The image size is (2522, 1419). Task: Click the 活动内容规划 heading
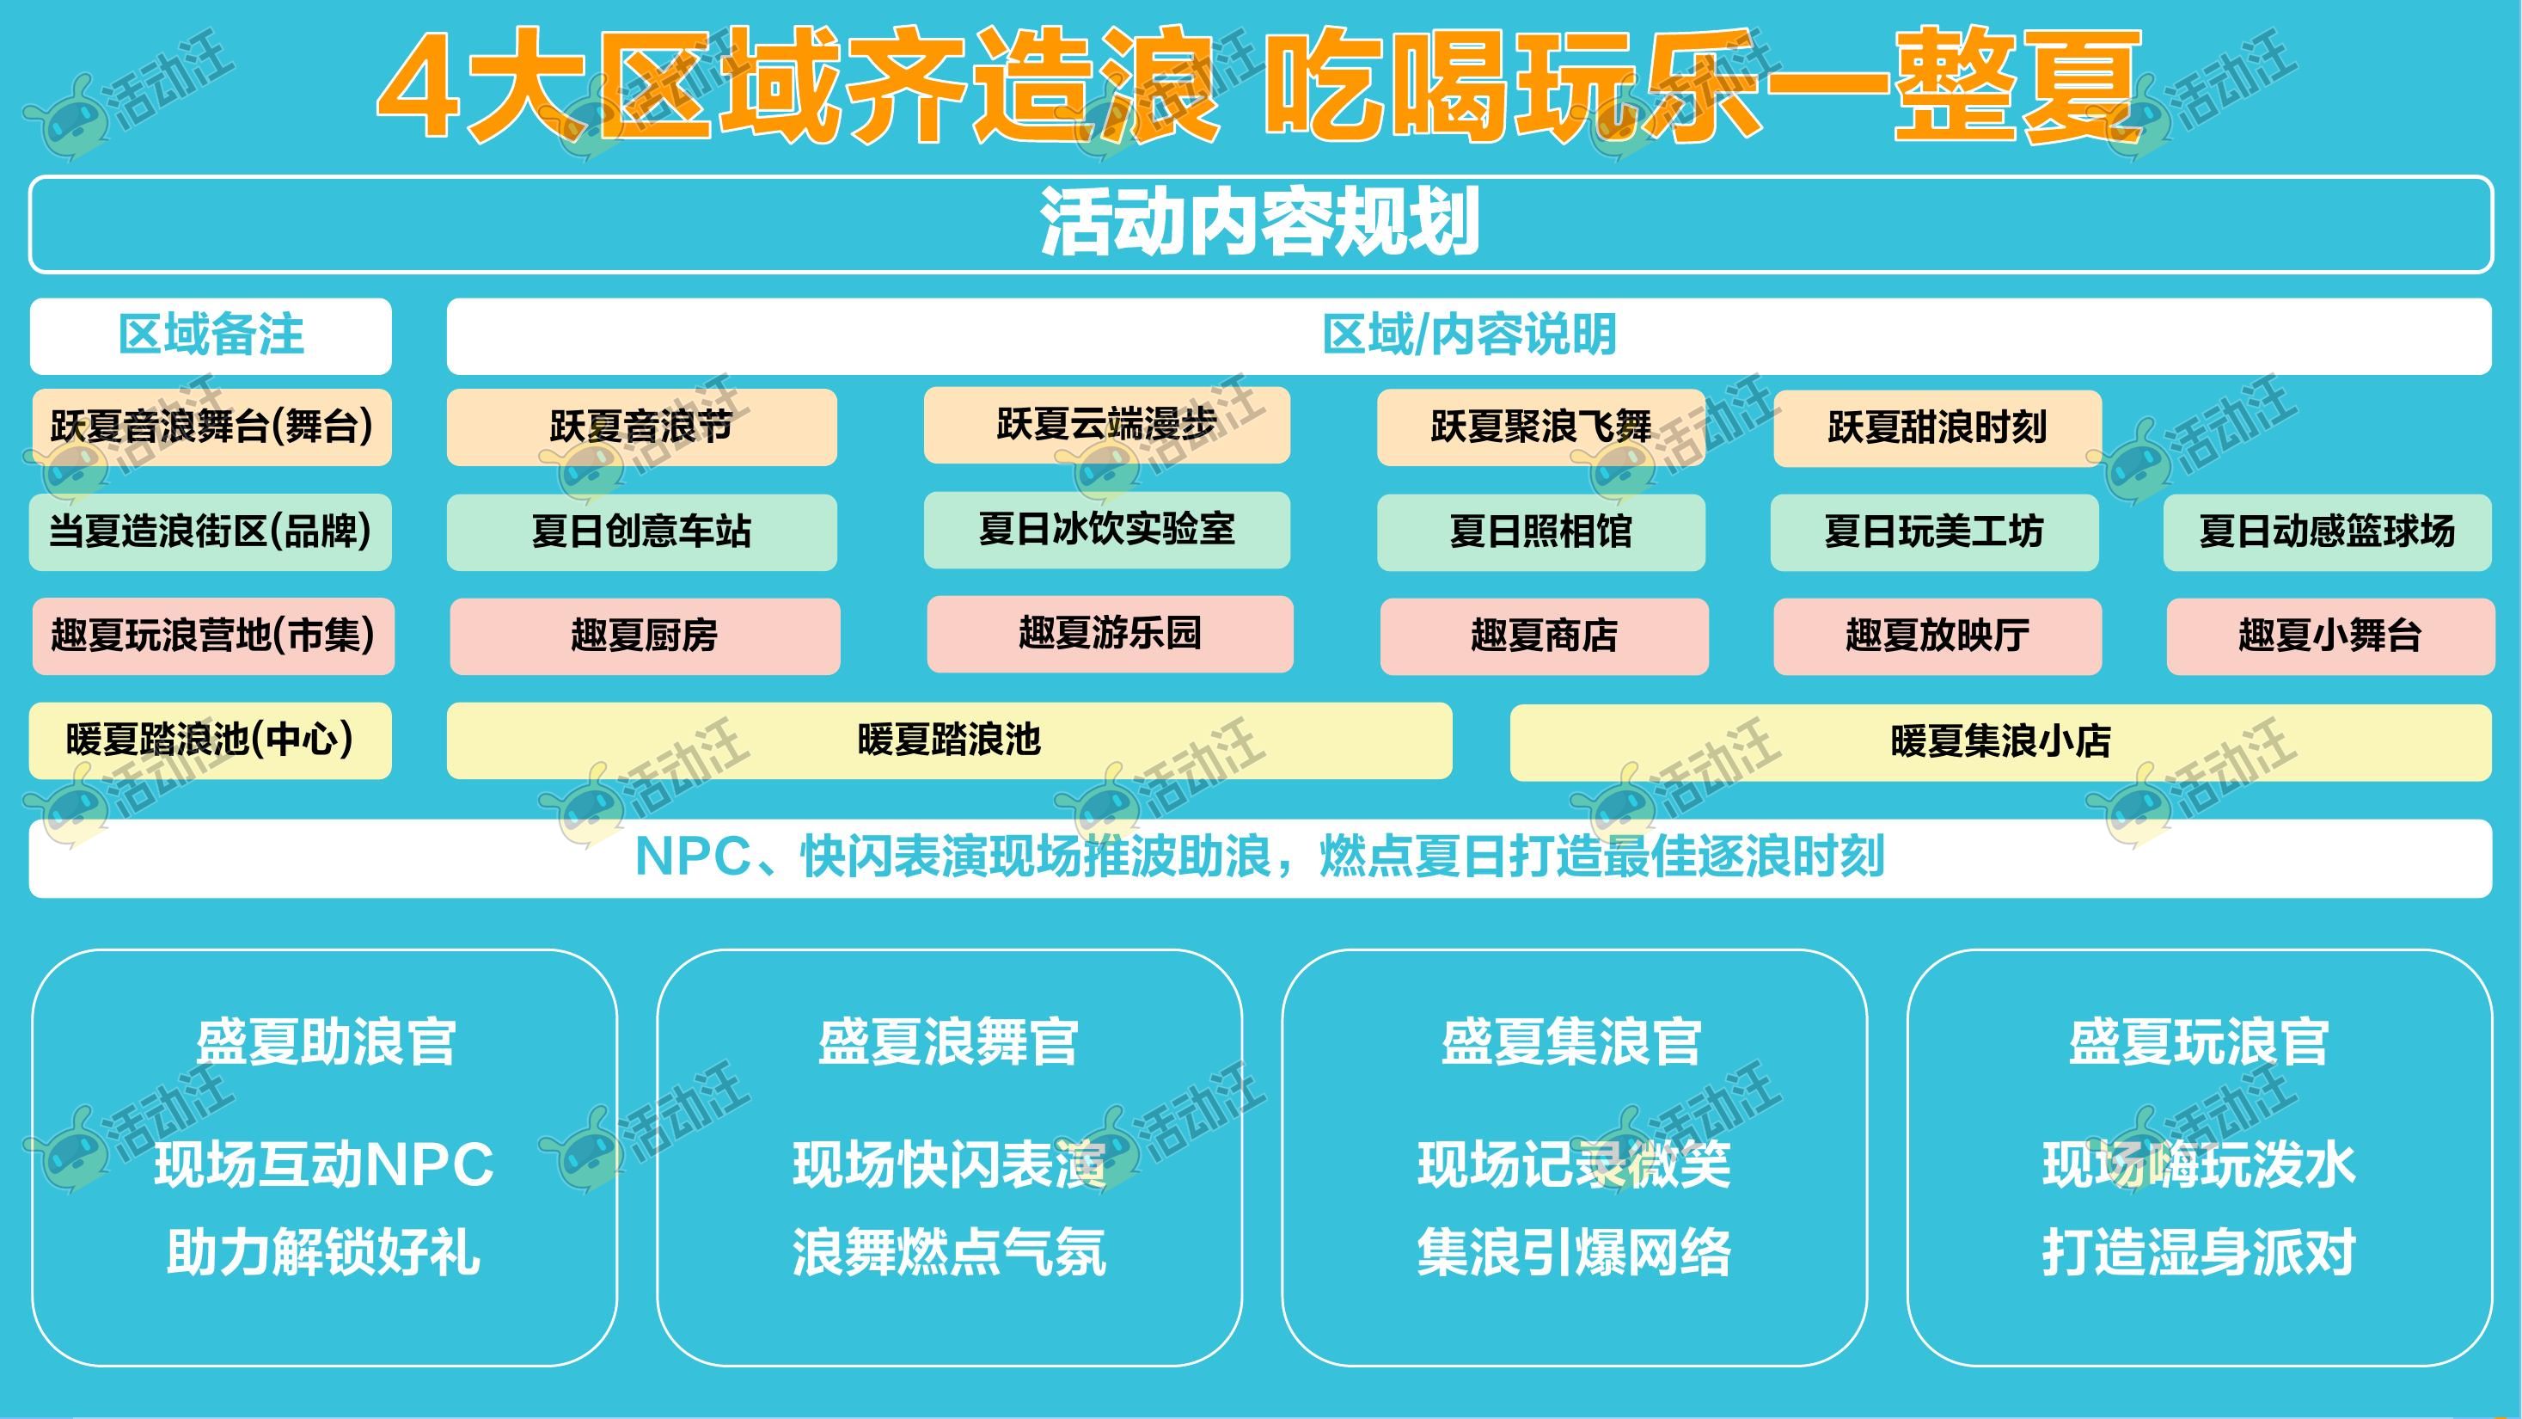click(1259, 224)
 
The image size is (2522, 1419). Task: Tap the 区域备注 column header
click(211, 335)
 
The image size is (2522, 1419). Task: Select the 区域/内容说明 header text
click(1468, 335)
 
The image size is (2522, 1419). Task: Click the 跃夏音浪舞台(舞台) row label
click(211, 427)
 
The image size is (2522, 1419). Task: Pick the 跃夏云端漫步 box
click(1106, 425)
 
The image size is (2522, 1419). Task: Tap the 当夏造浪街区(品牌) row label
click(211, 531)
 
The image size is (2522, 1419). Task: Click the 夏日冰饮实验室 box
click(1106, 530)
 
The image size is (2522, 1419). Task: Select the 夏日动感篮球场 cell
click(2327, 532)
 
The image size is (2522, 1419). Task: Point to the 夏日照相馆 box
click(1541, 532)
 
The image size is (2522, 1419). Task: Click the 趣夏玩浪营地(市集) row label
click(213, 636)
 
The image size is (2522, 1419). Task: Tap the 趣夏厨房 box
click(646, 636)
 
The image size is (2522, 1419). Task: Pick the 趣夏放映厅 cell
click(1937, 636)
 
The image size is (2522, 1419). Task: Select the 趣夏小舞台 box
click(2330, 636)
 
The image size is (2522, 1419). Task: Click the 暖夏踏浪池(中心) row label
click(211, 740)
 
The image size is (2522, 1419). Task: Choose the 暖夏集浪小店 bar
click(2000, 742)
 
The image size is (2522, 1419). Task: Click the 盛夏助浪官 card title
click(325, 1042)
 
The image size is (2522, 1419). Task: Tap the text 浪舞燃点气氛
click(949, 1252)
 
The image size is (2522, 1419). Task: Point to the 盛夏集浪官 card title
click(1571, 1042)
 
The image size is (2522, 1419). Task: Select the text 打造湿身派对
click(2199, 1252)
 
